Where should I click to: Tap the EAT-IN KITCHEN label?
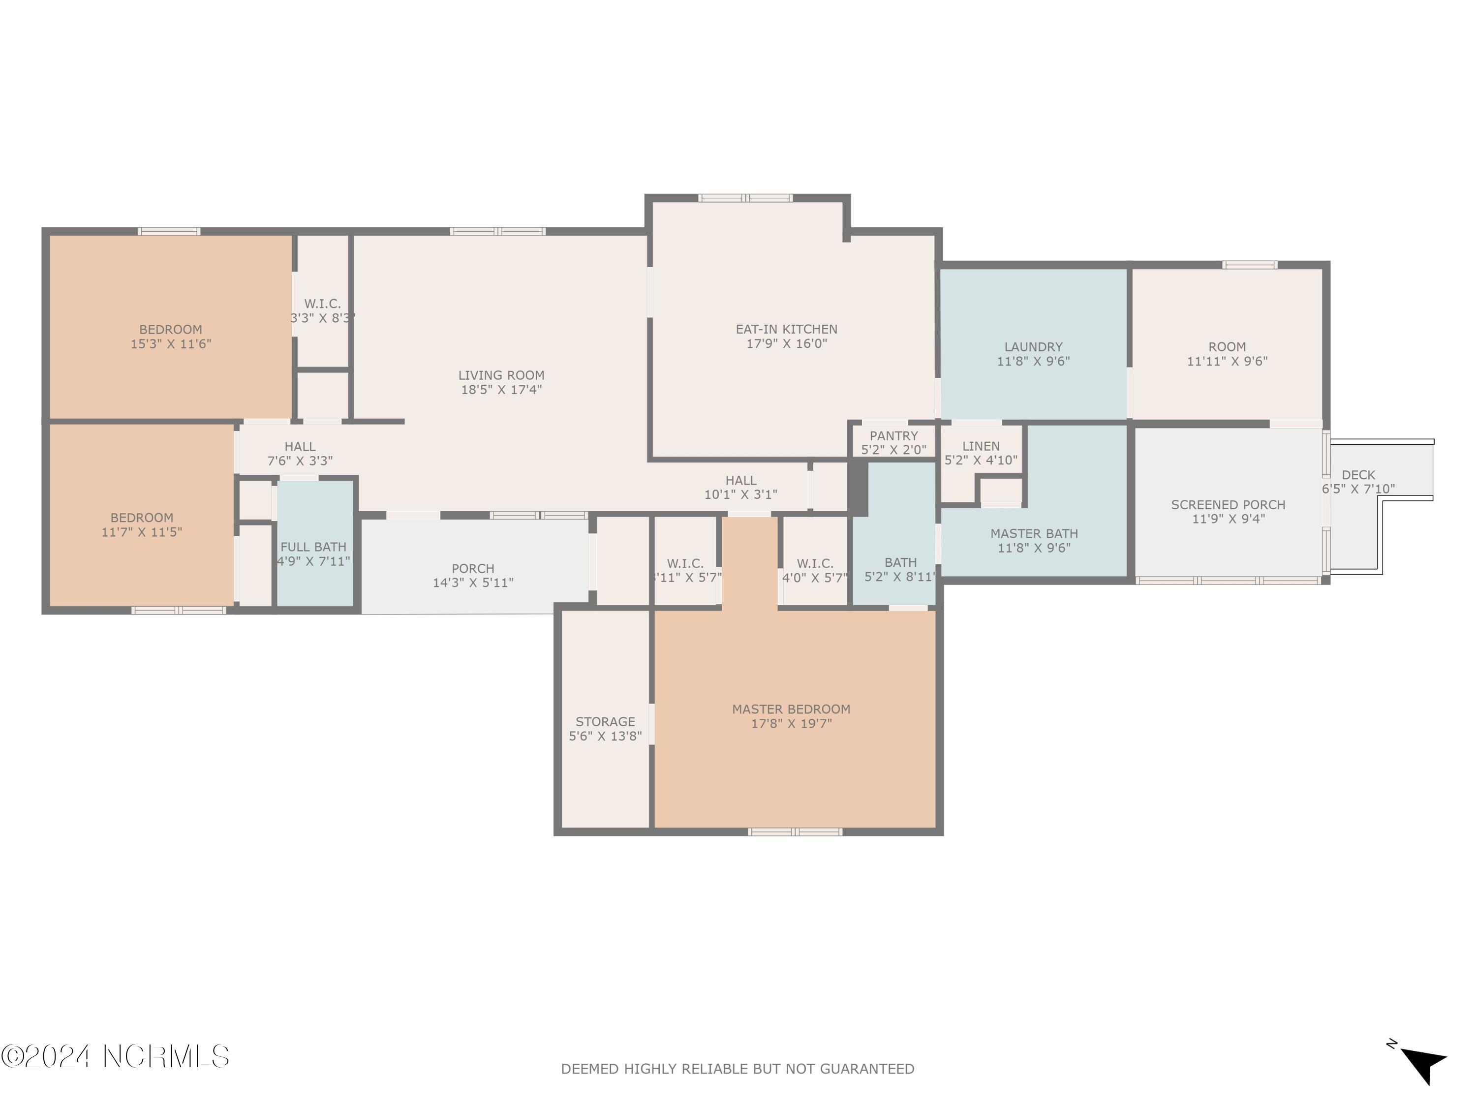pyautogui.click(x=786, y=329)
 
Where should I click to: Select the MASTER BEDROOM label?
pyautogui.click(x=791, y=709)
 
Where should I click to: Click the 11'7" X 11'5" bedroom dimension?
pyautogui.click(x=142, y=532)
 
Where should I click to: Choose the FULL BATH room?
pyautogui.click(x=313, y=547)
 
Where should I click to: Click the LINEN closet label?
pyautogui.click(x=981, y=446)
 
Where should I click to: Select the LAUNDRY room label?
pyautogui.click(x=1033, y=347)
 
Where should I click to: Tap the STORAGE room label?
pyautogui.click(x=605, y=722)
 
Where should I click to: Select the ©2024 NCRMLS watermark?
pyautogui.click(x=115, y=1056)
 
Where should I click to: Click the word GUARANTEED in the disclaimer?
pyautogui.click(x=867, y=1070)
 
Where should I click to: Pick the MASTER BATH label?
pyautogui.click(x=1034, y=534)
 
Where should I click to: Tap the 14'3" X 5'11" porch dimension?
pyautogui.click(x=473, y=583)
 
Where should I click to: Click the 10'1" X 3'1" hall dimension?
pyautogui.click(x=740, y=495)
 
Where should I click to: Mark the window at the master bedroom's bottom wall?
pyautogui.click(x=795, y=832)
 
